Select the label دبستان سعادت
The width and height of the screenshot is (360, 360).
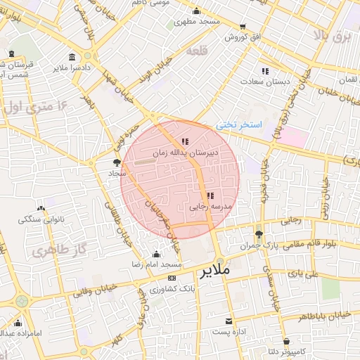265,82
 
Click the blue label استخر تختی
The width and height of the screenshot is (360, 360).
239,124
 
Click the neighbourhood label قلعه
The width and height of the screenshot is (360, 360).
197,51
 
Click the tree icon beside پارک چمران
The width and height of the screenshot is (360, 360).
259,235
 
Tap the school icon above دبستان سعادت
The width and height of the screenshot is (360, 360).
265,71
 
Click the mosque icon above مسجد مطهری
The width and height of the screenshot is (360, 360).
196,11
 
